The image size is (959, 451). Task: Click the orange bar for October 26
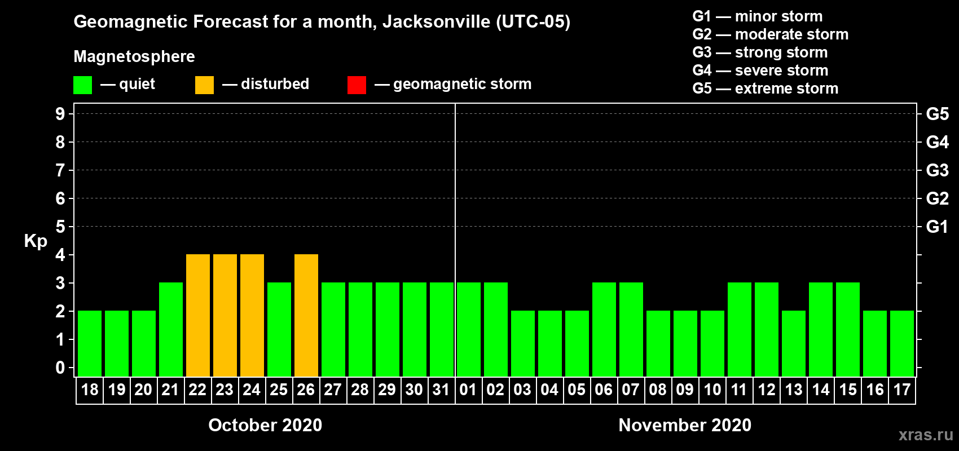click(x=306, y=315)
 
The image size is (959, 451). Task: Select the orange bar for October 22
click(x=198, y=315)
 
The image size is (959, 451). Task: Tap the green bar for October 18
click(x=90, y=343)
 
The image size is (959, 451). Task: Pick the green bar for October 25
click(x=279, y=329)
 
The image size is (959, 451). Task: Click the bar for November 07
click(x=631, y=329)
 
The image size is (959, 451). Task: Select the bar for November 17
click(x=902, y=343)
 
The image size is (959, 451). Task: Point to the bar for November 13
click(x=794, y=343)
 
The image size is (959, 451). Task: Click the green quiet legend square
click(x=83, y=85)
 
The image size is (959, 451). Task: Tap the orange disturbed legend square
click(x=204, y=85)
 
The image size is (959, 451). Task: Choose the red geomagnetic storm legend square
click(x=357, y=85)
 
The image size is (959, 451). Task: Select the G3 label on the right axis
click(x=937, y=170)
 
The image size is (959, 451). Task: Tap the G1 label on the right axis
click(x=937, y=227)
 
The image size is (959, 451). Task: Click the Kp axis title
click(x=36, y=241)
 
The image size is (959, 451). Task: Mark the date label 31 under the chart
click(x=441, y=390)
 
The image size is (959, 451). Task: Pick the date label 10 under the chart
click(x=712, y=390)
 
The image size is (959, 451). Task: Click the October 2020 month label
click(x=265, y=425)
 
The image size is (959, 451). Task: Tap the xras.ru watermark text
click(x=926, y=435)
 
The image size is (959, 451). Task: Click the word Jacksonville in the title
click(x=436, y=22)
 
